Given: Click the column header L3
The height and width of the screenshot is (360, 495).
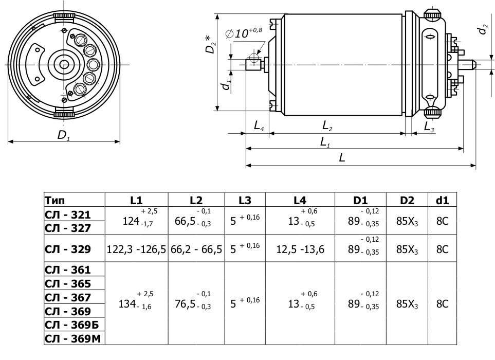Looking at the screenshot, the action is pyautogui.click(x=245, y=200).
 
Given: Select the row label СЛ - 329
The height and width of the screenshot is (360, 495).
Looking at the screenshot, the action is pyautogui.click(x=67, y=249).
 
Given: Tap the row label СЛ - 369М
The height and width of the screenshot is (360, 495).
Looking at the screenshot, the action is pyautogui.click(x=72, y=339).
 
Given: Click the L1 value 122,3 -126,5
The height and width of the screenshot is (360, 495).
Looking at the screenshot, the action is pyautogui.click(x=136, y=249).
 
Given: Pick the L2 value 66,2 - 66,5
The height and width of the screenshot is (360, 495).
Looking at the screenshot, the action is pyautogui.click(x=196, y=249).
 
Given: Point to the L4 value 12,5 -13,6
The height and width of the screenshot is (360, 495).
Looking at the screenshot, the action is pyautogui.click(x=300, y=249).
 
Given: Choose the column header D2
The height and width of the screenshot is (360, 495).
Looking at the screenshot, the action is pyautogui.click(x=407, y=200).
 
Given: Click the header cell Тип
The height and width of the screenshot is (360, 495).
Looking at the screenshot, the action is pyautogui.click(x=54, y=200).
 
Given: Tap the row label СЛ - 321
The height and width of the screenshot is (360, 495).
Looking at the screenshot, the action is pyautogui.click(x=67, y=215).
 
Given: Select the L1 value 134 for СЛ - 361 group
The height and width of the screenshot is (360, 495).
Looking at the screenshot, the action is pyautogui.click(x=127, y=304).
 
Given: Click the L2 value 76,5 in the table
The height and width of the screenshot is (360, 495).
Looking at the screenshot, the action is pyautogui.click(x=185, y=304).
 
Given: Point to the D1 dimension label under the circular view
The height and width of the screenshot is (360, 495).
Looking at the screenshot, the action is pyautogui.click(x=63, y=135).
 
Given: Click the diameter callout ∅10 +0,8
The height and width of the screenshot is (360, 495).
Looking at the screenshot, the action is pyautogui.click(x=244, y=33).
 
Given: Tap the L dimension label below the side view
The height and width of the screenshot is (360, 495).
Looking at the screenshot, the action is pyautogui.click(x=342, y=157).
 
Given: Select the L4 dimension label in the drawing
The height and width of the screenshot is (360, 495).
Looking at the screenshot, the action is pyautogui.click(x=259, y=126).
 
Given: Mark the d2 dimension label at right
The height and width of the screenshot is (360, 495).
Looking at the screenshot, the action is pyautogui.click(x=482, y=29).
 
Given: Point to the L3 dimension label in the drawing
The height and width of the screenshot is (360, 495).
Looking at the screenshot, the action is pyautogui.click(x=429, y=127).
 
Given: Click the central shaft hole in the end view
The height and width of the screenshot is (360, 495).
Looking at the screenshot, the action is pyautogui.click(x=64, y=64).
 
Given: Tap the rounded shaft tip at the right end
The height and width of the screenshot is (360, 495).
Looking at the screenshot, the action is pyautogui.click(x=472, y=65).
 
